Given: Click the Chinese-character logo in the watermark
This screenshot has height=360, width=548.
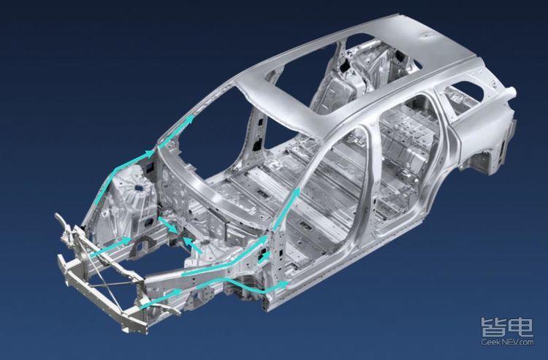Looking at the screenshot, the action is coord(507,327).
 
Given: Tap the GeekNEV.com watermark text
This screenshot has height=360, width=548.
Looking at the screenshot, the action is coord(507,342).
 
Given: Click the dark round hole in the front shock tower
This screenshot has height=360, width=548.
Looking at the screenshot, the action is coord(139,188).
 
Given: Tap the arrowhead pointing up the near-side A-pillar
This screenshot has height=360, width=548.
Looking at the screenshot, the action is coord(296,193).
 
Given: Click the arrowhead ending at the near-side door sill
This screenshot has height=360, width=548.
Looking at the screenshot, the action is coord(283,285).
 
